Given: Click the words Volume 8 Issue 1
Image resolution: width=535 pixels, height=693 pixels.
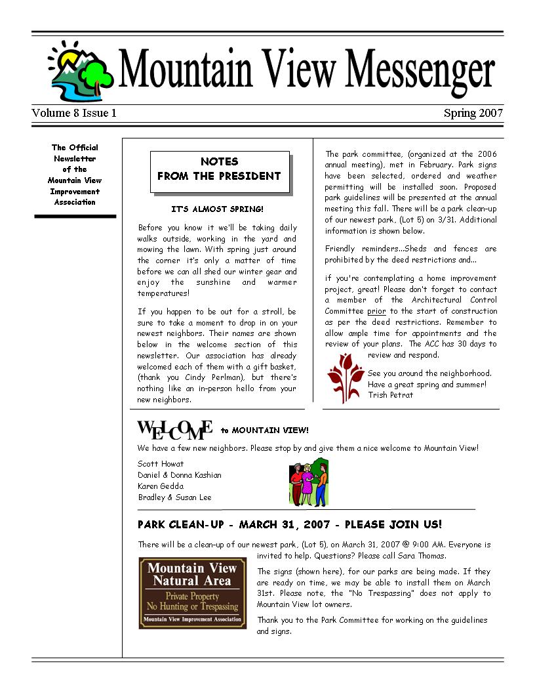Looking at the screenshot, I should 74,113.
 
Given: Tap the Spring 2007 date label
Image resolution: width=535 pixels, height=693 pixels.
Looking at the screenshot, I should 473,113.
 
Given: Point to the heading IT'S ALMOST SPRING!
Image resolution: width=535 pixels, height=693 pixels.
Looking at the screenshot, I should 217,209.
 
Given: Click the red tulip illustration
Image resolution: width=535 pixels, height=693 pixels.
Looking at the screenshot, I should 345,377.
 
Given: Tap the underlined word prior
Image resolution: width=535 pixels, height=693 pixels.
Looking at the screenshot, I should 376,311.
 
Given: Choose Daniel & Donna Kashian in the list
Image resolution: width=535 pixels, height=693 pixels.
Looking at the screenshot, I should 180,475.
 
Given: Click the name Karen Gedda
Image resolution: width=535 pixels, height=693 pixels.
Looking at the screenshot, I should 161,486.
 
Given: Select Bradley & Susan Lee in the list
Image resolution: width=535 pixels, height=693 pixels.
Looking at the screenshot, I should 174,497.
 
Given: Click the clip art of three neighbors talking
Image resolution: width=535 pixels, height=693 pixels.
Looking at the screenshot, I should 308,484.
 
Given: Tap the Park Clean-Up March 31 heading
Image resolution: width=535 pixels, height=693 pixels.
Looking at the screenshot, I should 290,524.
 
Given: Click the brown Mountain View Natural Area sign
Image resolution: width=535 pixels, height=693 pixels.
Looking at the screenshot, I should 193,593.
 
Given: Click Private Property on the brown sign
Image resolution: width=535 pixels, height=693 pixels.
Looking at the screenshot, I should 192,597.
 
